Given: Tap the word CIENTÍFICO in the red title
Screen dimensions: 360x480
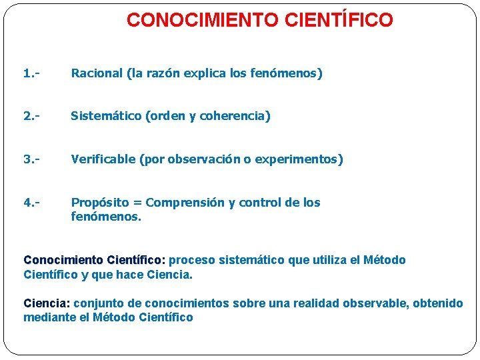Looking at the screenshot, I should (339, 21).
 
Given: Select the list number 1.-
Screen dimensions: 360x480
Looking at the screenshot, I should (31, 73).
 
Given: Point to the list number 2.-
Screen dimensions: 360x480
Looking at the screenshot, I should (31, 116).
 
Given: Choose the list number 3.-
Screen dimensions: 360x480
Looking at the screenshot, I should (31, 159).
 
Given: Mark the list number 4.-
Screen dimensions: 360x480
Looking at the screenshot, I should (31, 202).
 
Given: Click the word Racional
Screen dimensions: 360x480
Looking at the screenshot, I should (97, 73).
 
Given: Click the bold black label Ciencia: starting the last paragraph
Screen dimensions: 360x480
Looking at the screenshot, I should (47, 303).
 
